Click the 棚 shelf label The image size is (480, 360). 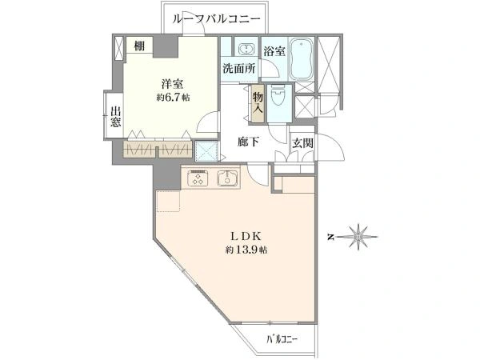point(140,46)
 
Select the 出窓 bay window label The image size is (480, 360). point(116,117)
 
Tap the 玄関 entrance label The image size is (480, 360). point(302,143)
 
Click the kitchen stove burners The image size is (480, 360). point(198,178)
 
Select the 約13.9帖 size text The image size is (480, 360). point(246,250)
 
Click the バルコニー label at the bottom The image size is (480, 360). point(282,340)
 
